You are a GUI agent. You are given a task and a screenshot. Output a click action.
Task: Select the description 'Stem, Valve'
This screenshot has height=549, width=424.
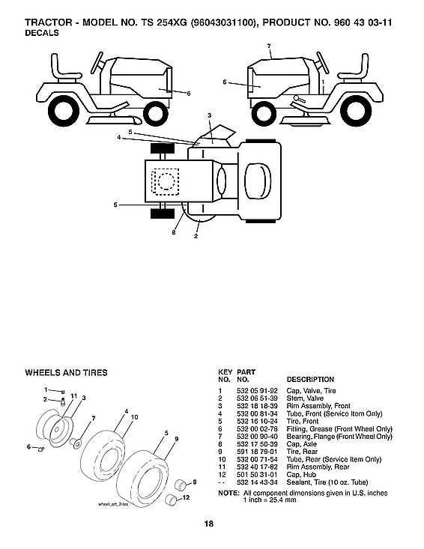306,398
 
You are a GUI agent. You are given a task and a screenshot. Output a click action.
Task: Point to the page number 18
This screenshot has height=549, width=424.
212,524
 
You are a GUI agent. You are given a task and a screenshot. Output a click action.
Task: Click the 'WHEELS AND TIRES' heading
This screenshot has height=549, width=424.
66,372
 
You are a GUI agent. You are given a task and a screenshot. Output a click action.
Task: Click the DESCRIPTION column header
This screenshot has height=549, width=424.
310,380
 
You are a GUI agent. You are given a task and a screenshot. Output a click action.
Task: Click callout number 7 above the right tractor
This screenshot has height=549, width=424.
268,46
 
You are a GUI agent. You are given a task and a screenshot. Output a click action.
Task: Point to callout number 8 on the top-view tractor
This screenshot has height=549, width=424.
173,233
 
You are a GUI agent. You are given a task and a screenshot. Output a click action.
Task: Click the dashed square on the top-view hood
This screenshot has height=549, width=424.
166,181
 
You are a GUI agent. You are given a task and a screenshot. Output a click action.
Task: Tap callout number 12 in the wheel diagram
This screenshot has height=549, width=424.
185,497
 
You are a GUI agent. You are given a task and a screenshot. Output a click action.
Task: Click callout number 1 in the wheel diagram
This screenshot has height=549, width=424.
46,389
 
